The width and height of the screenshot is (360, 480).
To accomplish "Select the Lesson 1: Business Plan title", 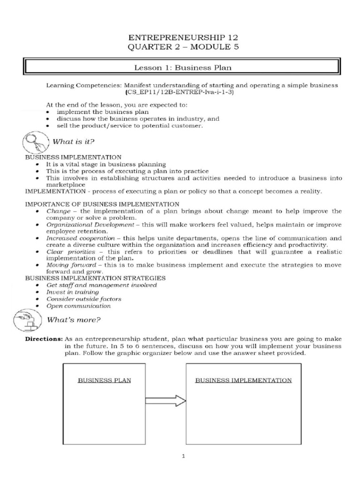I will tap(183, 67).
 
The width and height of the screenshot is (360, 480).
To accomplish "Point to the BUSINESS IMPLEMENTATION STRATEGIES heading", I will tap(95, 278).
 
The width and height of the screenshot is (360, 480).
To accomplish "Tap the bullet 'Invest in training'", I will tap(72, 292).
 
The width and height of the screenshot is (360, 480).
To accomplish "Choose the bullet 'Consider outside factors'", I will tap(83, 299).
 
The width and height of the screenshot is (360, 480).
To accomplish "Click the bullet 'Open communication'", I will tap(78, 306).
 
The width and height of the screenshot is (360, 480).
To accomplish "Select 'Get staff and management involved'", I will tap(101, 285).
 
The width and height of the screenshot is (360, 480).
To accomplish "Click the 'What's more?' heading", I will tap(80, 320).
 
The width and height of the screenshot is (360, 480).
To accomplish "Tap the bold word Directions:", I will tap(44, 338).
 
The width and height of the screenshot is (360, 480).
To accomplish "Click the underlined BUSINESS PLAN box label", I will tap(105, 380).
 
